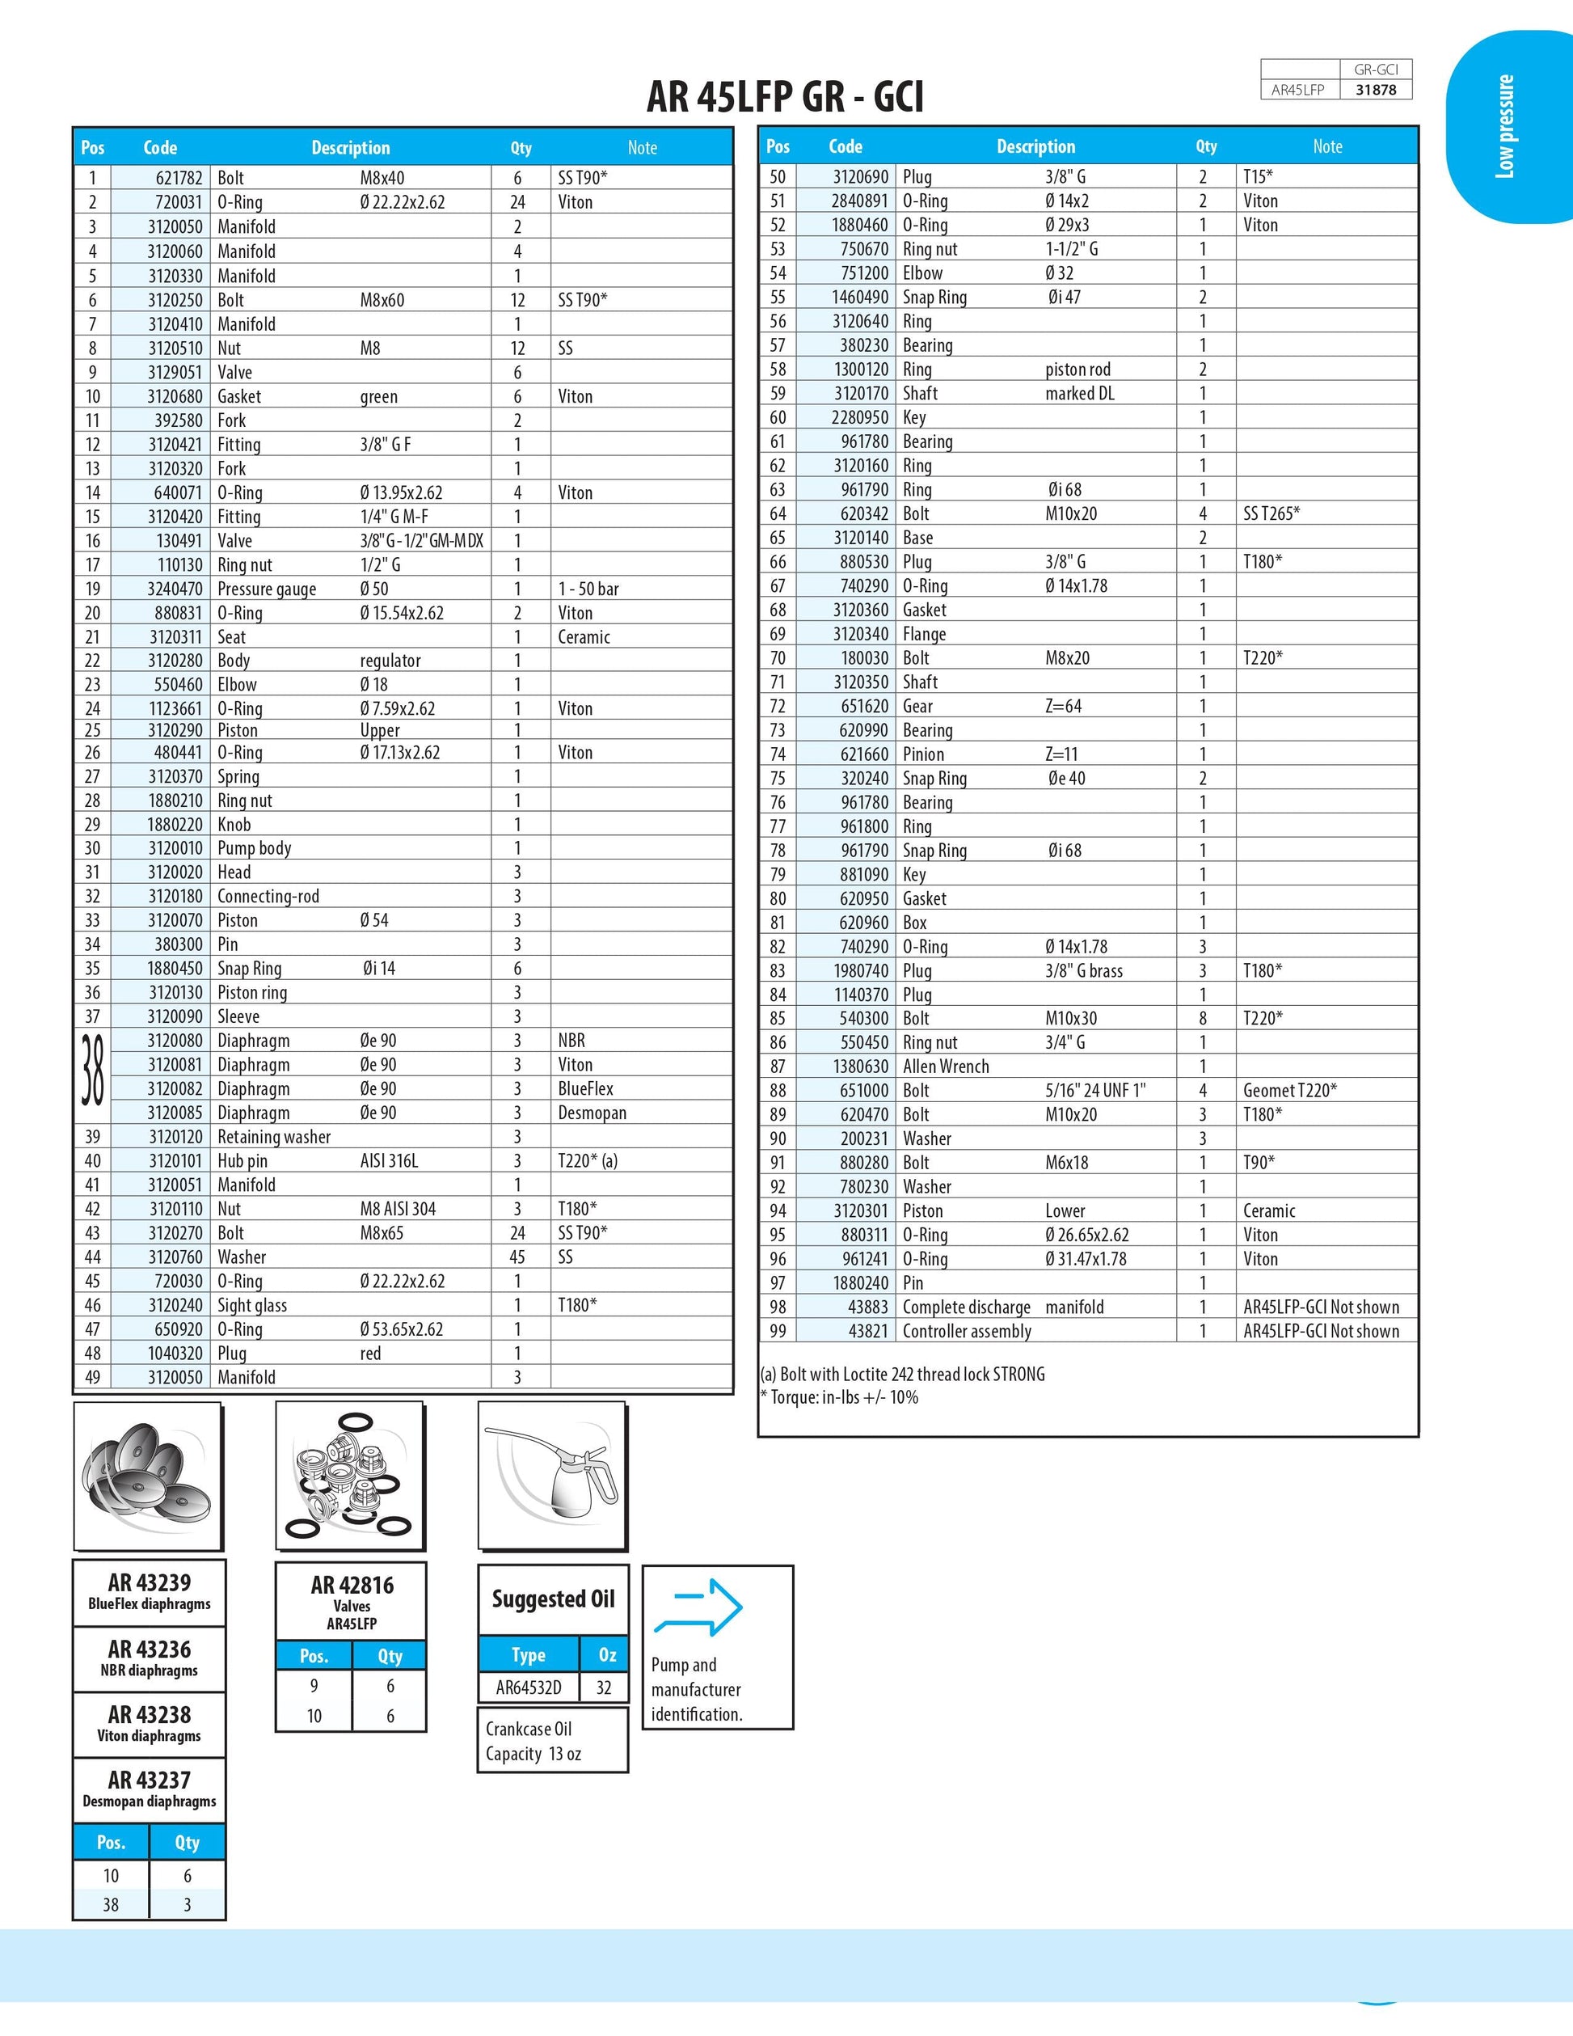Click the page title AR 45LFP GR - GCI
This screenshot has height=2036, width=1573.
coord(785,97)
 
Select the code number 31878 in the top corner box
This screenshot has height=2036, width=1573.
coord(1376,91)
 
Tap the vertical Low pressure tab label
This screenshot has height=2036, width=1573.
coord(1504,126)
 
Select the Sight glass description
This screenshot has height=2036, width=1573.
coord(251,1305)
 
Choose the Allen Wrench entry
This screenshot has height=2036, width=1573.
coord(946,1067)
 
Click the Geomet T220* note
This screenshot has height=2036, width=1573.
coord(1290,1091)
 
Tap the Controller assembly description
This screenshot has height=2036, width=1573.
coord(966,1331)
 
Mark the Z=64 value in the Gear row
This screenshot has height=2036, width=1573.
coord(1063,707)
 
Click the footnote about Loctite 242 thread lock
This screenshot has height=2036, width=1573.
coord(902,1374)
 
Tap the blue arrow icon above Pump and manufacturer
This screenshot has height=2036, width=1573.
coord(699,1607)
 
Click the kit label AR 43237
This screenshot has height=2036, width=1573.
coord(149,1780)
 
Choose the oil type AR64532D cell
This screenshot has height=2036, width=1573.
coord(529,1688)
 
